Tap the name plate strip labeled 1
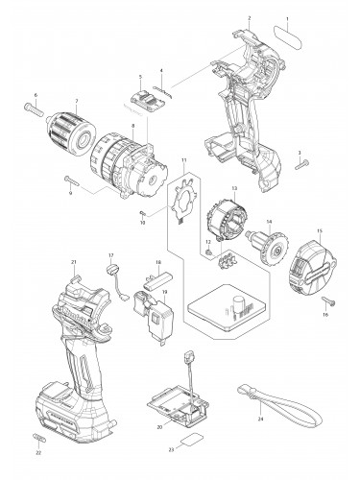pos(294,33)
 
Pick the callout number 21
pos(73,262)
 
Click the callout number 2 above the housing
pos(249,18)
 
